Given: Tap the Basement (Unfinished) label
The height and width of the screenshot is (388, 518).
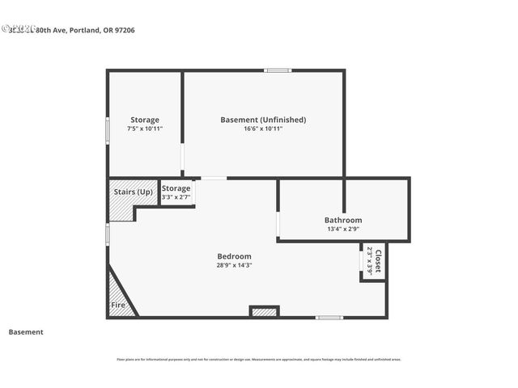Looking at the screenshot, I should click(263, 120).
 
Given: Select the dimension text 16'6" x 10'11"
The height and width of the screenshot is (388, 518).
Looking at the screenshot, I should click(263, 129).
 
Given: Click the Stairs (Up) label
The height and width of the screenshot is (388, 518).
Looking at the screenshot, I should click(134, 192).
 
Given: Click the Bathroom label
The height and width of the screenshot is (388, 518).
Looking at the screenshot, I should click(343, 220).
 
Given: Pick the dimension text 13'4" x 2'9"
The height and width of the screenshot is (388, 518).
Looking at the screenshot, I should click(343, 229).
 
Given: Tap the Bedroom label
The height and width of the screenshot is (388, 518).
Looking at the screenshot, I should click(234, 256).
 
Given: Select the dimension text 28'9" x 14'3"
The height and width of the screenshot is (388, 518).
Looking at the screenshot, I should click(234, 265).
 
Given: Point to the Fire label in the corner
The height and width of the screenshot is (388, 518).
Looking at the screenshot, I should click(118, 306).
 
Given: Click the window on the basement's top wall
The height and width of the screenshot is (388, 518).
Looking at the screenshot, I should click(278, 70).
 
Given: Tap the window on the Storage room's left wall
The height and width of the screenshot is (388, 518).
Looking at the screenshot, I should click(108, 130).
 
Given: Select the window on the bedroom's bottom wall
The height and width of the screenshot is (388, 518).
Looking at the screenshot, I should click(329, 317).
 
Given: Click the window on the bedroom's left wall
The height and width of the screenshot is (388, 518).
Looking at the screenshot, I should click(108, 234).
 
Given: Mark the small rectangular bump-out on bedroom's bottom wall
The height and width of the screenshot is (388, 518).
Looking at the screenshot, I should click(264, 311).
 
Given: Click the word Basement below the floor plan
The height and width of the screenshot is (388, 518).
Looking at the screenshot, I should click(26, 331).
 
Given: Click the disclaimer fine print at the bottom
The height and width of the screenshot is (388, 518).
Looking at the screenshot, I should click(259, 360).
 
